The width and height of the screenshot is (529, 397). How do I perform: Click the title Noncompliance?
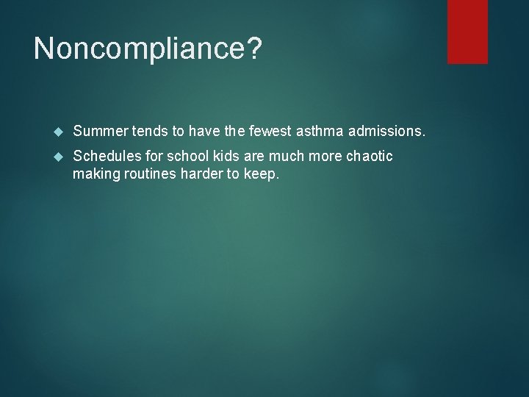pos(147,50)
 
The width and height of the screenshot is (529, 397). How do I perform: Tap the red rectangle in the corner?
pos(468,31)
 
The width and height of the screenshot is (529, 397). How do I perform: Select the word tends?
pos(152,132)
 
